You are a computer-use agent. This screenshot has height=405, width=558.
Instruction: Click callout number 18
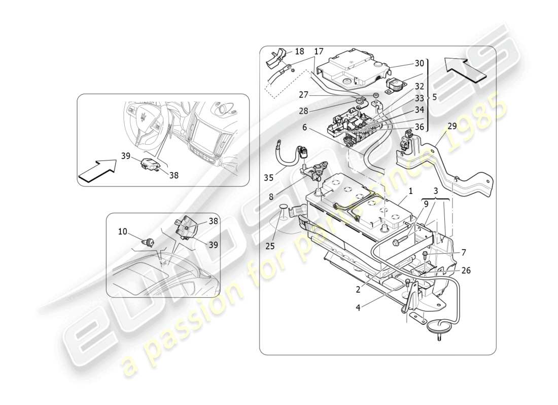[299, 52]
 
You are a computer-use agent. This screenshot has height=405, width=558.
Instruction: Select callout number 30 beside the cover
[419, 63]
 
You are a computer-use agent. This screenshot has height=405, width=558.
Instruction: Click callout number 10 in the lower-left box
[122, 232]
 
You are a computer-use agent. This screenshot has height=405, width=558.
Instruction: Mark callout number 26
[466, 270]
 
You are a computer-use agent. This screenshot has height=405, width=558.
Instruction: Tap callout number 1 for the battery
[410, 192]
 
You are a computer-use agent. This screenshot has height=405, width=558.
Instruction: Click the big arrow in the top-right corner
[465, 69]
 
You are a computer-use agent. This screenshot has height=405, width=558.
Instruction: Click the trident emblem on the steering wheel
[146, 117]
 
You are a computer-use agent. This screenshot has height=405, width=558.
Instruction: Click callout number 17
[319, 51]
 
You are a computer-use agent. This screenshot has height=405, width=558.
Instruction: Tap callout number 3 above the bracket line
[435, 191]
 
